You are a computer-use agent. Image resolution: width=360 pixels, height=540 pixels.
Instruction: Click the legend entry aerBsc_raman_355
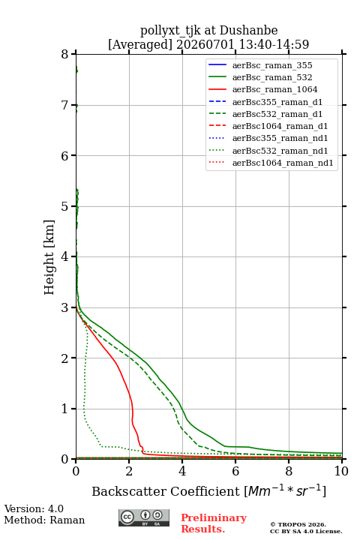tap(272, 65)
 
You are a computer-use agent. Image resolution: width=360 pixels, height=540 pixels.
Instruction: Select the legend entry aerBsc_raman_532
tap(272, 77)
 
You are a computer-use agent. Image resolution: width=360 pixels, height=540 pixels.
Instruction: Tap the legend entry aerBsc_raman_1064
tap(275, 89)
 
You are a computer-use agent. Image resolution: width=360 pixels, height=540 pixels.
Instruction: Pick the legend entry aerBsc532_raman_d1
tap(277, 114)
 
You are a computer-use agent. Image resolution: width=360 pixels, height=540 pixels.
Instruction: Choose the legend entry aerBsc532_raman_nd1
tap(280, 151)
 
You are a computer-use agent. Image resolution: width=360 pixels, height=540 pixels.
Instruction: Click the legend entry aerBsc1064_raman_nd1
tap(283, 163)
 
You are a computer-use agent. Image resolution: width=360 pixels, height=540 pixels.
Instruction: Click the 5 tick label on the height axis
tap(65, 206)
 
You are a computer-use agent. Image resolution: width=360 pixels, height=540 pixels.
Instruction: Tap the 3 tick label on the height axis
tap(65, 307)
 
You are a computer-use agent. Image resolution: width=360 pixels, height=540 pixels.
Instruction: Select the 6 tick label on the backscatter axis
tap(235, 471)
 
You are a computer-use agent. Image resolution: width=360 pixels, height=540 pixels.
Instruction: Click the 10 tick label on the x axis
tap(341, 471)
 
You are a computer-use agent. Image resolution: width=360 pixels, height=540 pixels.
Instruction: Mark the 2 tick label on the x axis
tap(129, 471)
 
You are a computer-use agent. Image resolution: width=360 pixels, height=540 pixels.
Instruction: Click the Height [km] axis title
tap(49, 257)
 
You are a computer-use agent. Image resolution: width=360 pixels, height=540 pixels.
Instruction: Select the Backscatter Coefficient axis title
tap(208, 491)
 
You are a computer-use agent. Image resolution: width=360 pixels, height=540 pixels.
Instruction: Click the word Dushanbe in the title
tap(248, 31)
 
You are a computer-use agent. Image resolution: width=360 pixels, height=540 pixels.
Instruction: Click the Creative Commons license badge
tap(144, 517)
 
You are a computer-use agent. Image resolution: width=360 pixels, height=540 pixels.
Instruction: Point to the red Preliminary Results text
tap(214, 523)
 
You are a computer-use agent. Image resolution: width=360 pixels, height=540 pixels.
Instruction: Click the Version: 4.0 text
tap(34, 508)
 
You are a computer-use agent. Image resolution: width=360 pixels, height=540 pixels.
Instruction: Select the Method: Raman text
tap(44, 520)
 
